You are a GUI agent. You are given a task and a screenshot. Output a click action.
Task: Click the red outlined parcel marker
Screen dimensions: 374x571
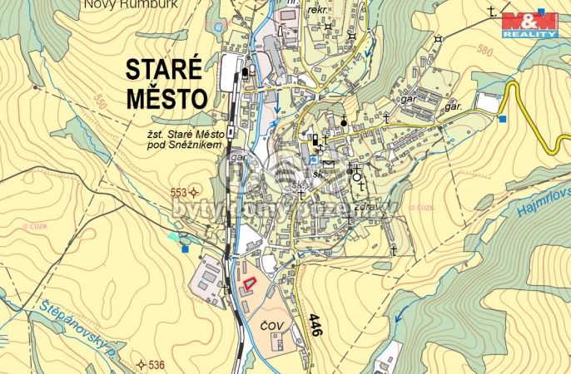[x=249, y=284]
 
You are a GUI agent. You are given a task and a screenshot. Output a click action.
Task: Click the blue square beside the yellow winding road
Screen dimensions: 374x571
[x=502, y=119]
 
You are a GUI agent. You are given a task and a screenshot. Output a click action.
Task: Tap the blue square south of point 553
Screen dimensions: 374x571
[x=185, y=248]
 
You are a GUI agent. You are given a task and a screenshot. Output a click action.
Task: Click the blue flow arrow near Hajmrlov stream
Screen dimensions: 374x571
[x=403, y=312]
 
